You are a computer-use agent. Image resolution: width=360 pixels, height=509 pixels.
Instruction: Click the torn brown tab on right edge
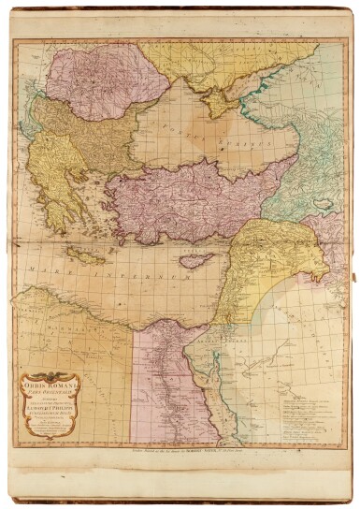353,281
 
